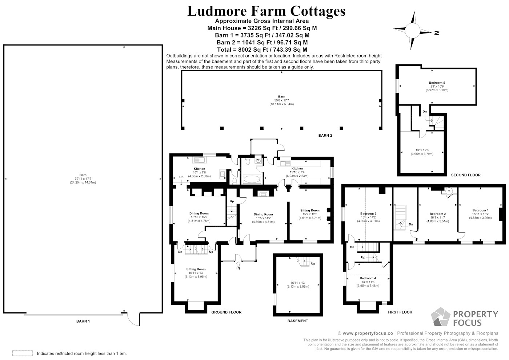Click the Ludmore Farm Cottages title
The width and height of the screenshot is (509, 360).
266,11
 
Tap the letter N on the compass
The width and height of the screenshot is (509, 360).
437,33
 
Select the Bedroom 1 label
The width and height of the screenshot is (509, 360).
480,210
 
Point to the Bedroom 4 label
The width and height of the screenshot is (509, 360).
368,278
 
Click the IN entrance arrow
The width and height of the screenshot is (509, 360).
238,264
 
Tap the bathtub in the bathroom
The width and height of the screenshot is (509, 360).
252,179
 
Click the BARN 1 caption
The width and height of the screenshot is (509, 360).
83,321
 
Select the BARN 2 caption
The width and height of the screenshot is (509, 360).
325,135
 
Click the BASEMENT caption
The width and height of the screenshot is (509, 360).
298,321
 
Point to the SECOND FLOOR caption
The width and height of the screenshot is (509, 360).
466,175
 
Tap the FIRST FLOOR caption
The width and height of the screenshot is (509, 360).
400,312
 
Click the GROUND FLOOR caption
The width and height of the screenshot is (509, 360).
226,312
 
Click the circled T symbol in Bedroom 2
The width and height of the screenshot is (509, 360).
449,191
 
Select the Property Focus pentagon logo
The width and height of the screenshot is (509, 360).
441,317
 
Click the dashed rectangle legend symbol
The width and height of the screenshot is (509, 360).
23,353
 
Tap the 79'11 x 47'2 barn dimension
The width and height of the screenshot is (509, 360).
83,179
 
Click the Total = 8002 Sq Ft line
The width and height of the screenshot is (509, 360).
262,49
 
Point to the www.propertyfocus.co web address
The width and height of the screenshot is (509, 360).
368,333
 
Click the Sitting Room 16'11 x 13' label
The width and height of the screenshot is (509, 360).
196,273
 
